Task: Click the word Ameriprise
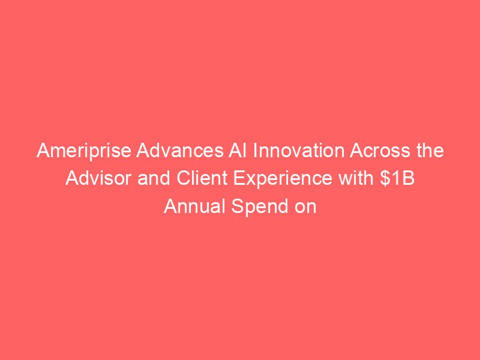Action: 84,152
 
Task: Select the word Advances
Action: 179,151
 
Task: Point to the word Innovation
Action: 298,151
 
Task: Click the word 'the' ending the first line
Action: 429,151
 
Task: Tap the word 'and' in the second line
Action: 154,178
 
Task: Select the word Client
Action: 202,178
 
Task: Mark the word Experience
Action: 283,179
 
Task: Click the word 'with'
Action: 356,178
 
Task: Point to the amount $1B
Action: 397,178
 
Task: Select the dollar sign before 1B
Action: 385,178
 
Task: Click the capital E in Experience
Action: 239,178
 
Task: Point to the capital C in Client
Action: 184,178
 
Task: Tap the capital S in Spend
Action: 238,206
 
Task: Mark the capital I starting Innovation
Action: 254,151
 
